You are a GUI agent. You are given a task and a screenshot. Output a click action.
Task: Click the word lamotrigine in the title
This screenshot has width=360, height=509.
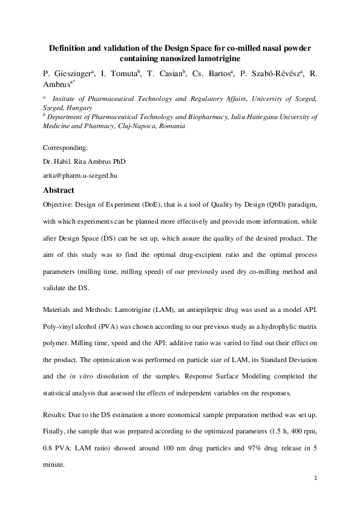click(x=216, y=58)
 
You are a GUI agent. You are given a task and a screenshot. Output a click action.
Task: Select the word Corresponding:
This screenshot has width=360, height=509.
click(x=66, y=148)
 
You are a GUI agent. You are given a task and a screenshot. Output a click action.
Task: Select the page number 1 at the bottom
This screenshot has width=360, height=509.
click(x=316, y=479)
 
